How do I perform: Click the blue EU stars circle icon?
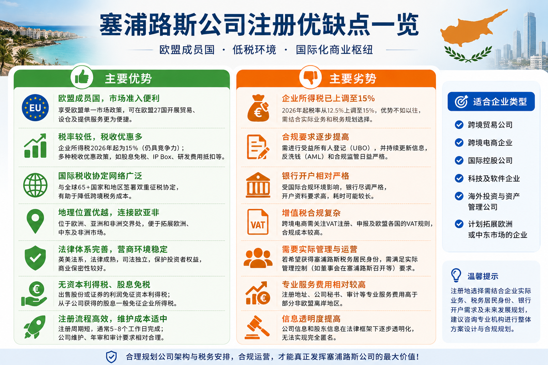35,108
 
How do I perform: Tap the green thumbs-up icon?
82,77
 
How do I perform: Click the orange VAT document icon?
258,222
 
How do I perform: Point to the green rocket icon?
35,327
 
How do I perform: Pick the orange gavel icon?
257,327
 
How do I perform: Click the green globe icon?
35,185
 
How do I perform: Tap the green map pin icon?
35,221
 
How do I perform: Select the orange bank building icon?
258,185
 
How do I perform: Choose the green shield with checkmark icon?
35,258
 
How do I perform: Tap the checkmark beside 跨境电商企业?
459,143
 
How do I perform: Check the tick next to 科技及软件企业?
459,178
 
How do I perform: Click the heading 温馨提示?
483,276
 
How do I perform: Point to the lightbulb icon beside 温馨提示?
456,275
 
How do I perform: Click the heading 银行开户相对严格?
316,176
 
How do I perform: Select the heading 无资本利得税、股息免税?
104,284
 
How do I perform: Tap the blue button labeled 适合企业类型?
491,102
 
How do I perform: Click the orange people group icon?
258,258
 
